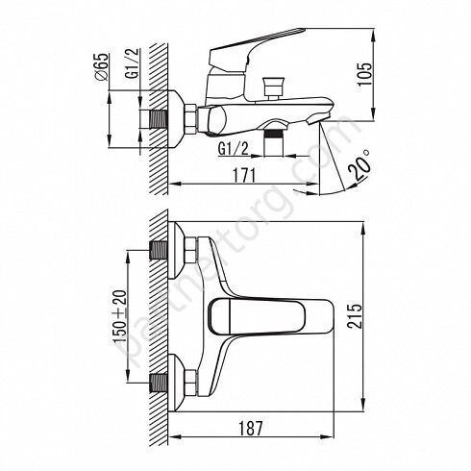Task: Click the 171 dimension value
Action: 244,175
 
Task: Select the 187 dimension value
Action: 251,428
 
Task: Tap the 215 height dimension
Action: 355,316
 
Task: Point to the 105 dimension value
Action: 365,74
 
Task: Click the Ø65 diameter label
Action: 101,67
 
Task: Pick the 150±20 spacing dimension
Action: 120,316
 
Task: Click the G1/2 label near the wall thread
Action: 133,63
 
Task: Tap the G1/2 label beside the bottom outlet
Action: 234,149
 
